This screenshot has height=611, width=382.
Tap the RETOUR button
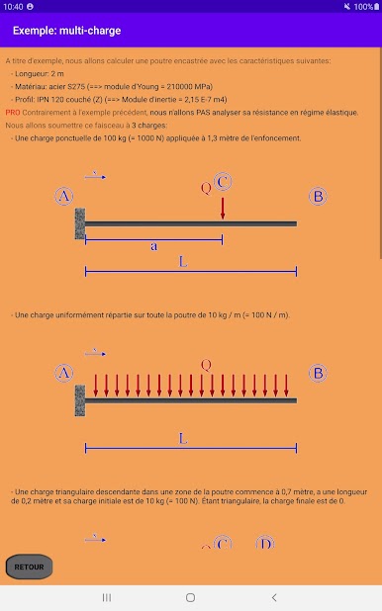pyautogui.click(x=29, y=567)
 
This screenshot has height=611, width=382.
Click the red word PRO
pyautogui.click(x=13, y=113)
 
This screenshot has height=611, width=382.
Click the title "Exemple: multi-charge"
pyautogui.click(x=66, y=31)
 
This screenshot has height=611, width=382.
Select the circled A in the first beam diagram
pyautogui.click(x=64, y=196)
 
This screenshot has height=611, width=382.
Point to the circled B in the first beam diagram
pyautogui.click(x=318, y=196)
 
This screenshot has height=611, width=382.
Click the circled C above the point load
pyautogui.click(x=223, y=182)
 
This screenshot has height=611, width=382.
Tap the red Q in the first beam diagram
pyautogui.click(x=206, y=188)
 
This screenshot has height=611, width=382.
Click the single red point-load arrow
pyautogui.click(x=223, y=209)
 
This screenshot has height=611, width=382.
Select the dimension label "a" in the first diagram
pyautogui.click(x=154, y=246)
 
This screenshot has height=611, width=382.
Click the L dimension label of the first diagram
pyautogui.click(x=183, y=261)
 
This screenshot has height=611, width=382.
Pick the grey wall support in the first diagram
pyautogui.click(x=80, y=223)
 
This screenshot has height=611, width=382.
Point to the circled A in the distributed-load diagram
pyautogui.click(x=64, y=373)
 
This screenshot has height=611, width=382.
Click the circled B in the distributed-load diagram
pyautogui.click(x=318, y=373)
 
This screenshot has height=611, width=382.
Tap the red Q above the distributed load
pyautogui.click(x=206, y=365)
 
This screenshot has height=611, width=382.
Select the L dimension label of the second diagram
pyautogui.click(x=183, y=439)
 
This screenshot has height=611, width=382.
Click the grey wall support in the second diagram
pyautogui.click(x=80, y=400)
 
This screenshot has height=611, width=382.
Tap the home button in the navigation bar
pyautogui.click(x=190, y=597)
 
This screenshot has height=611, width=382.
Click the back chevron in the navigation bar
pyautogui.click(x=274, y=597)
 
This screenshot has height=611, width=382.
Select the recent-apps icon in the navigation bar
pyautogui.click(x=107, y=597)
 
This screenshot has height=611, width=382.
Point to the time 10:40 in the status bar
pyautogui.click(x=13, y=7)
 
